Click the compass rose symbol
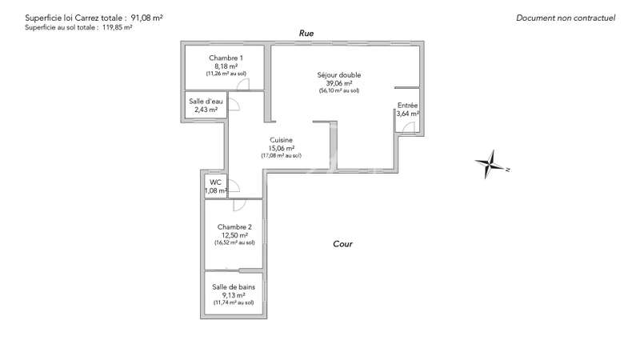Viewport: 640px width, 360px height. pos(492,164)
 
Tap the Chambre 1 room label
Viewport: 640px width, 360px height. pos(226,58)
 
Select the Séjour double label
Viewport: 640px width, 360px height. pos(338,75)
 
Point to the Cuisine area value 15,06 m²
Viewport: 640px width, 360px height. pos(282,149)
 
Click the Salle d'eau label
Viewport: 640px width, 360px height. pos(206,102)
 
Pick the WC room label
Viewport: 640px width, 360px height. pos(215,182)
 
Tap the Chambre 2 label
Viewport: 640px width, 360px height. pos(234,227)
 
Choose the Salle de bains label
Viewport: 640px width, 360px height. pos(234,287)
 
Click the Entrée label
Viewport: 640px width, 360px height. pos(407,106)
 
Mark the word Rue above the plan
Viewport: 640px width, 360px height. pos(306,33)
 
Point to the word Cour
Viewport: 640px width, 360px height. pos(342,244)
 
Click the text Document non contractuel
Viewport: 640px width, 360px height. pos(566,18)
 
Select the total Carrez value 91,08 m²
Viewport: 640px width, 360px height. pos(146,18)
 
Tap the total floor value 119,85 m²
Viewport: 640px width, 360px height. pos(117,28)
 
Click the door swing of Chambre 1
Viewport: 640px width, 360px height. pos(243,85)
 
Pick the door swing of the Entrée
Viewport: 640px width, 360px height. pos(409,128)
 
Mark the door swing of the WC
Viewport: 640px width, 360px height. pos(234,186)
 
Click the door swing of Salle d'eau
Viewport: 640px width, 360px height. pos(234,104)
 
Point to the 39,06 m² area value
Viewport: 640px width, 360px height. pos(339,83)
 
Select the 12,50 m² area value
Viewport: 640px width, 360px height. pos(234,235)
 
